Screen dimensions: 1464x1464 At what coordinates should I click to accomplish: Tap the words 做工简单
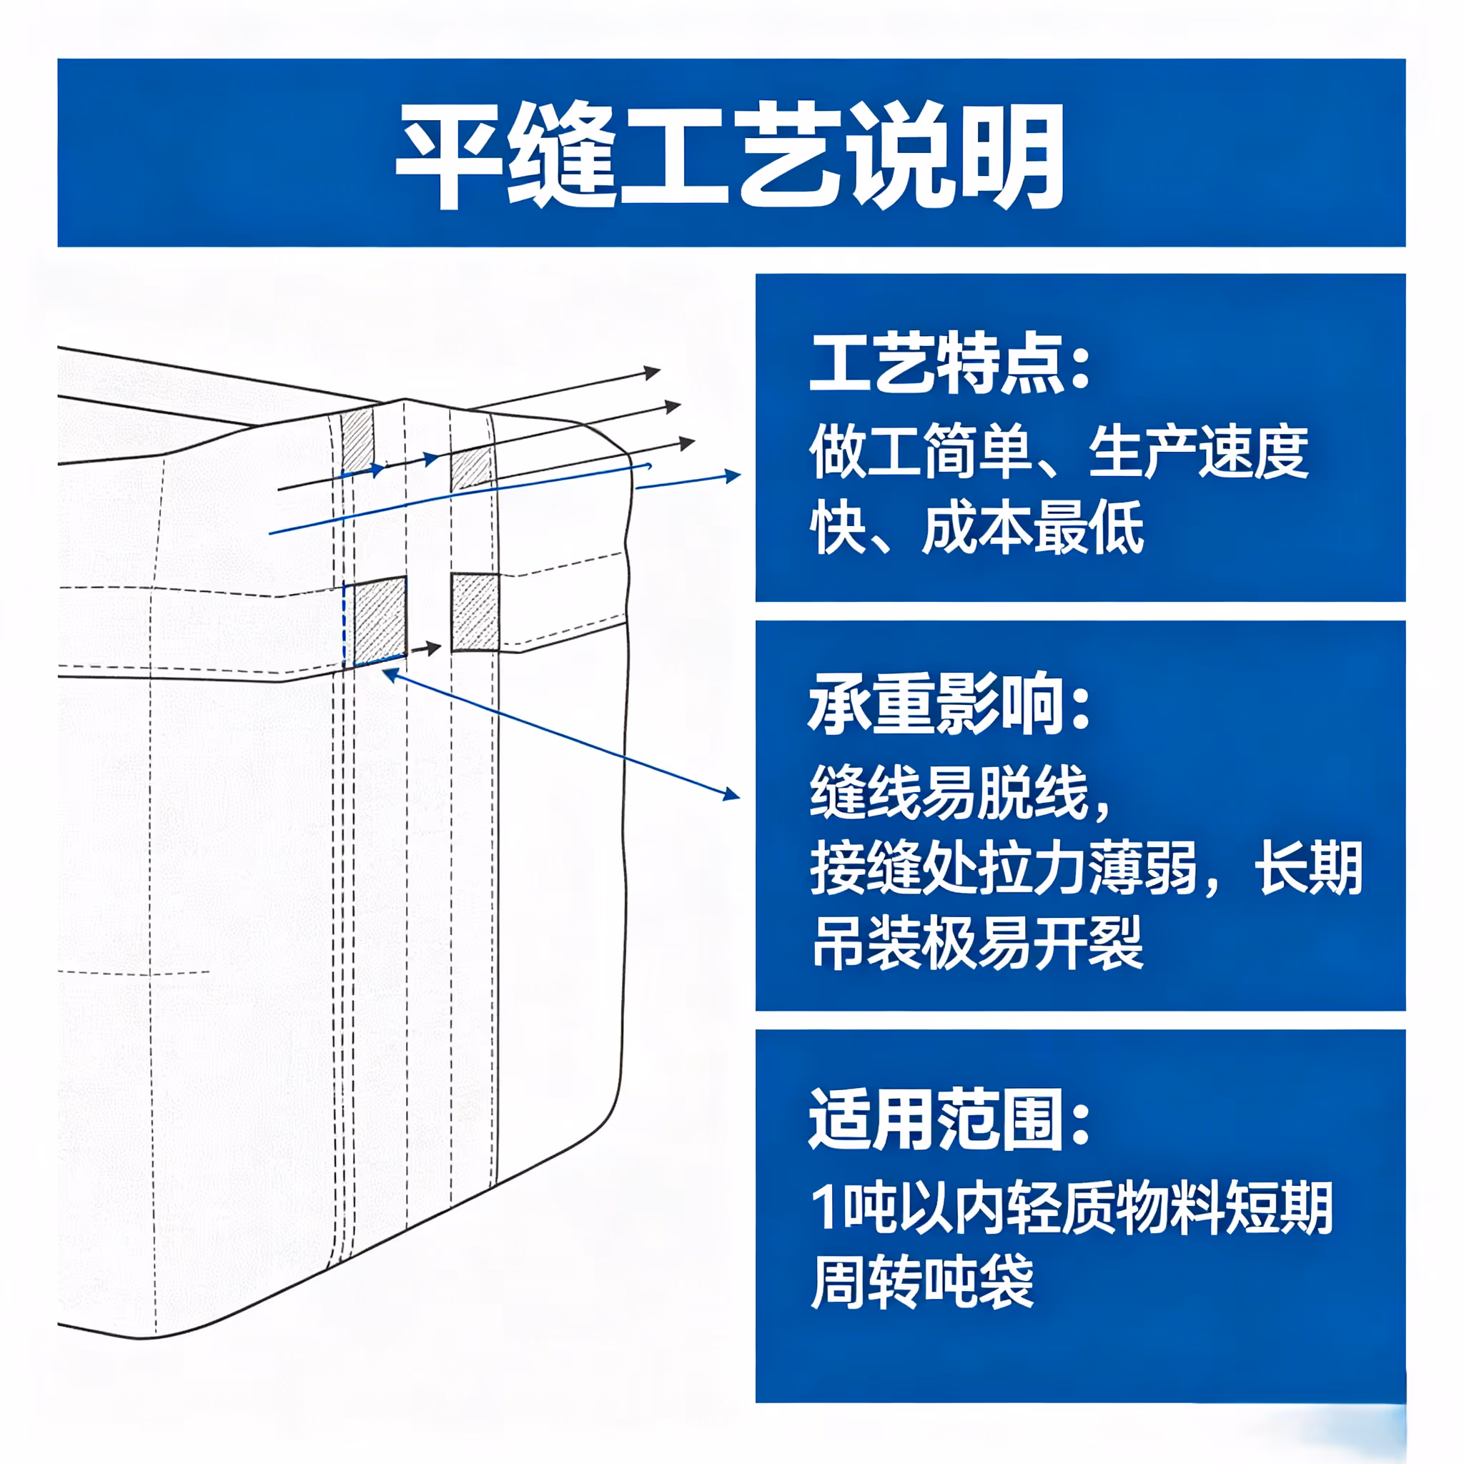[x=921, y=452]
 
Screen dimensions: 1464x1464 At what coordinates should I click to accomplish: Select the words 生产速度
[x=1199, y=452]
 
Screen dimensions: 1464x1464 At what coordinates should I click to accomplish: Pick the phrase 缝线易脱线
[x=949, y=793]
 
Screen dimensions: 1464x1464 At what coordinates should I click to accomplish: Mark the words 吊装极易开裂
[x=976, y=944]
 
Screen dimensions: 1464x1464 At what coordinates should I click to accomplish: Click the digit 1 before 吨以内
[x=824, y=1208]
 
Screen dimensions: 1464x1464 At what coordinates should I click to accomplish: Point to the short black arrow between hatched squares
[x=425, y=648]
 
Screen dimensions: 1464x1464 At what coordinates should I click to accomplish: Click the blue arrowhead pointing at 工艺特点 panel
[x=732, y=476]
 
